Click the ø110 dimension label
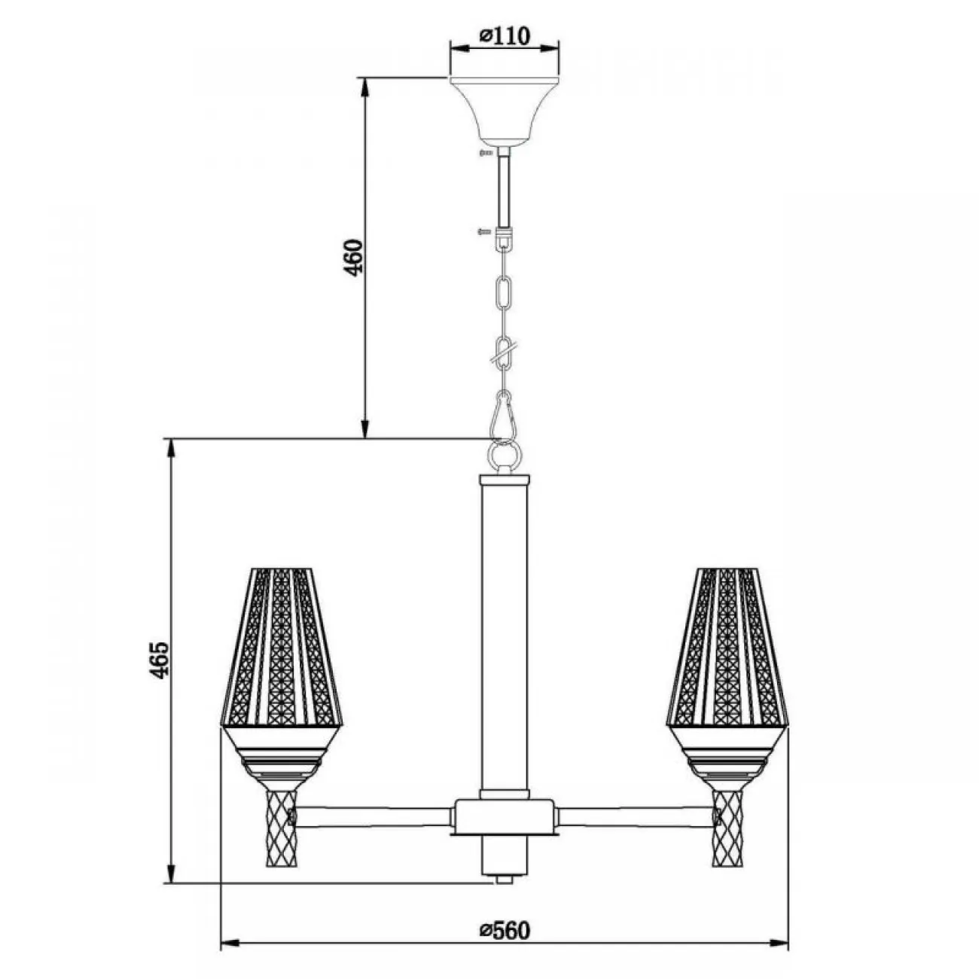click(x=505, y=35)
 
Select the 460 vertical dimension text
click(x=355, y=258)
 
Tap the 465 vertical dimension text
click(x=160, y=660)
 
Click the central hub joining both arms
click(x=504, y=817)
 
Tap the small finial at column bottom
click(x=504, y=878)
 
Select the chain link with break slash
click(x=504, y=351)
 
